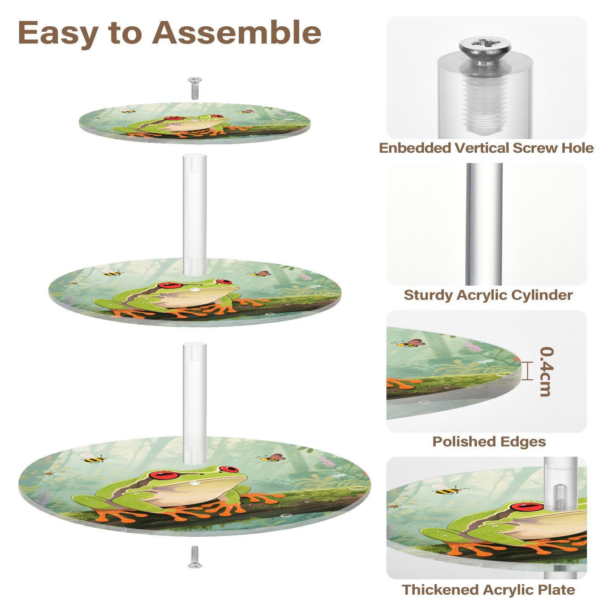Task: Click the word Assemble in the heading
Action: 236,32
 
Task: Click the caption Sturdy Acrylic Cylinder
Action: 488,295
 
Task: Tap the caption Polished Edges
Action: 489,441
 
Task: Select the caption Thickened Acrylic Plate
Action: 488,590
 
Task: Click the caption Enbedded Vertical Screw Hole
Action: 486,148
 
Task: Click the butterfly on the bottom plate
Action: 273,458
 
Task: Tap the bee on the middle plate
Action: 111,273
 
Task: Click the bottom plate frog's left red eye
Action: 165,475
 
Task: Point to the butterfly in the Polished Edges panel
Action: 413,343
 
